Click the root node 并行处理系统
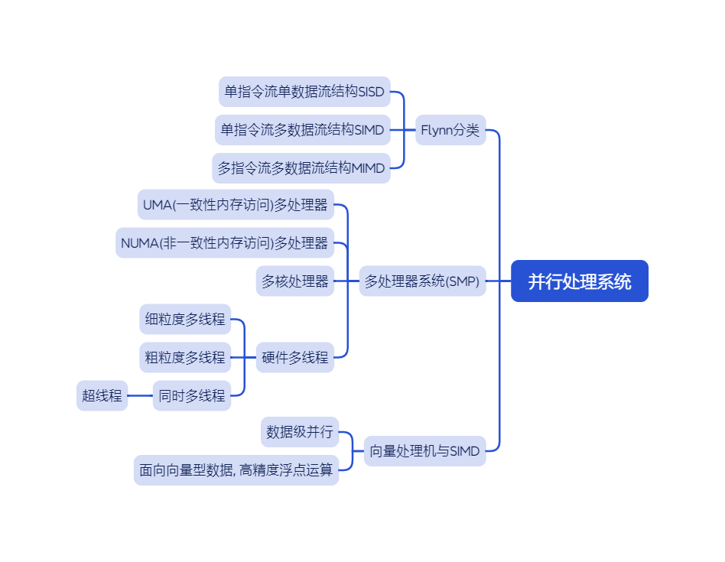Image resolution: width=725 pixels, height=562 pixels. click(x=580, y=281)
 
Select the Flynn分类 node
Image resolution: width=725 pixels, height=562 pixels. click(x=450, y=130)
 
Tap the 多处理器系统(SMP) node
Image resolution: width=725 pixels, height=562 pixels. click(x=422, y=281)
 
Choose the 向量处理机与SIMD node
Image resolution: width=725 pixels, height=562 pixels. click(x=424, y=451)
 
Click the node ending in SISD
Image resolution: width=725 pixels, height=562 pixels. click(x=304, y=92)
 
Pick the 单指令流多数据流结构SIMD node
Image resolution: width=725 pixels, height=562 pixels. click(x=303, y=130)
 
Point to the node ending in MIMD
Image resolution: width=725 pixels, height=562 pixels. click(x=301, y=168)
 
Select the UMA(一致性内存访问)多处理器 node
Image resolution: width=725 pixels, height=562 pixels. click(x=236, y=205)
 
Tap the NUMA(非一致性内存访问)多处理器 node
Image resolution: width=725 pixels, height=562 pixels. click(x=225, y=243)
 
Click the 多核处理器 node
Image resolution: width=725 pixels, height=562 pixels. click(x=294, y=281)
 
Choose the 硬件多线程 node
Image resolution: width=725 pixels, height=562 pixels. click(x=294, y=357)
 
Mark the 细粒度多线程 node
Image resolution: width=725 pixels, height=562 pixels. click(x=185, y=319)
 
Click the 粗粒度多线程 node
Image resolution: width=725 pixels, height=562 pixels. click(x=185, y=357)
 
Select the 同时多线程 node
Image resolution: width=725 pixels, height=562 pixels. click(x=192, y=395)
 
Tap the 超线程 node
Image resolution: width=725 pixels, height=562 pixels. click(x=102, y=395)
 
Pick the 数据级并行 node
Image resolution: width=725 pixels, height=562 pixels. click(x=300, y=432)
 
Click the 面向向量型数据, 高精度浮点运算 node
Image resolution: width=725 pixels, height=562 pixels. click(x=236, y=470)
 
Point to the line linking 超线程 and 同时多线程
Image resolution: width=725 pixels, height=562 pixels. click(x=140, y=395)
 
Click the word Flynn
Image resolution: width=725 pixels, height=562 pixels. click(x=437, y=130)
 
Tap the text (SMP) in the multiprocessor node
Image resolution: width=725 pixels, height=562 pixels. click(x=463, y=281)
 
